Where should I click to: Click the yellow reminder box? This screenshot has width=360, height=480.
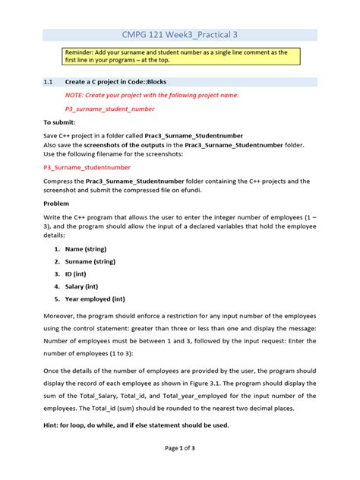pyautogui.click(x=179, y=57)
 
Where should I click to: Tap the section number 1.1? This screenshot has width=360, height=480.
pyautogui.click(x=49, y=81)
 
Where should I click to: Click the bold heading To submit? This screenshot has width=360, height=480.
pyautogui.click(x=59, y=122)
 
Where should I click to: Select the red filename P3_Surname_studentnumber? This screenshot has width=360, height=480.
pyautogui.click(x=87, y=167)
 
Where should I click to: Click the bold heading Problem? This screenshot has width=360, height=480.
pyautogui.click(x=56, y=204)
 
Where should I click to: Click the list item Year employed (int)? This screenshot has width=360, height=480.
pyautogui.click(x=99, y=299)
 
